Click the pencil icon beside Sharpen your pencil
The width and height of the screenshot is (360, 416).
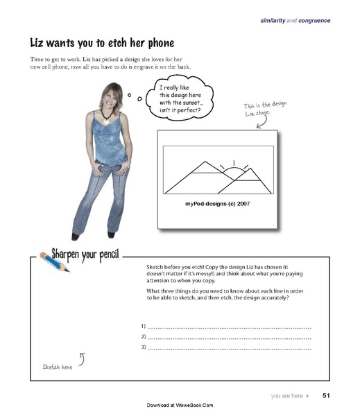(x=46, y=260)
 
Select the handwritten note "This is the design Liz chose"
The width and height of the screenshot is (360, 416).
(x=265, y=110)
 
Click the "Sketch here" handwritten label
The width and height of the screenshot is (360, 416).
(x=58, y=366)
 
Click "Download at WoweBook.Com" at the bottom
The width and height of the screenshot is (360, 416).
(x=180, y=405)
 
